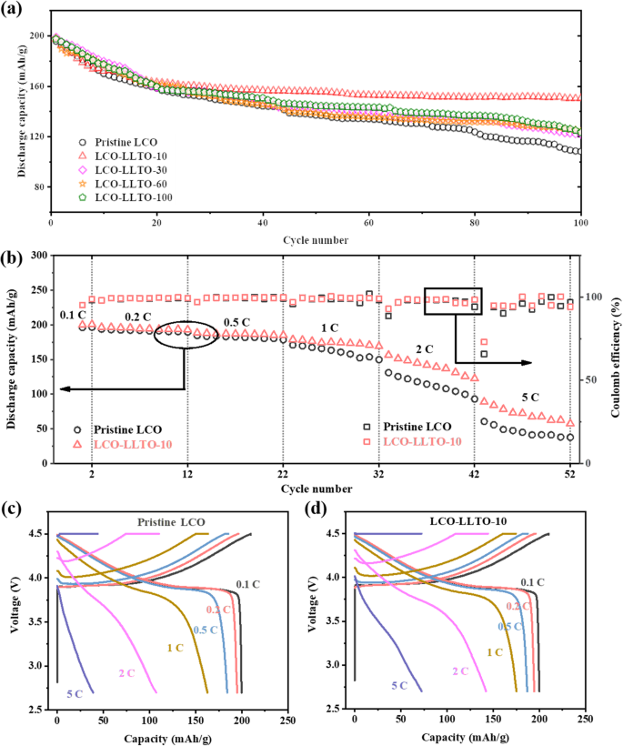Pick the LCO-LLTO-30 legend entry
pyautogui.click(x=126, y=169)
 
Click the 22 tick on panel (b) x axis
pyautogui.click(x=283, y=475)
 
